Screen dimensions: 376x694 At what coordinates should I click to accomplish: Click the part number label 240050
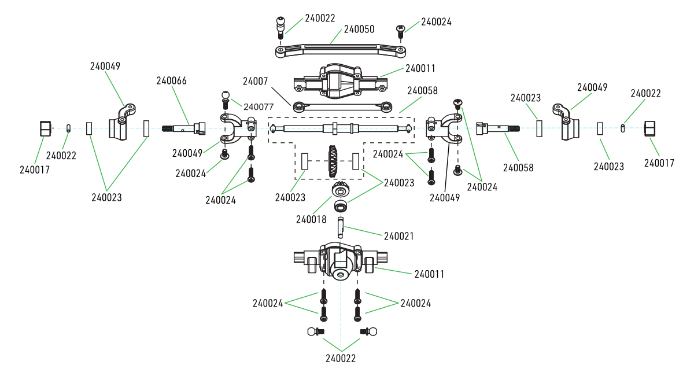[359, 28]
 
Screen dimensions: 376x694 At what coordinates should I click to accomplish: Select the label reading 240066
[171, 81]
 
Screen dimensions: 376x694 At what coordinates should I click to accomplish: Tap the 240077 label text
[259, 106]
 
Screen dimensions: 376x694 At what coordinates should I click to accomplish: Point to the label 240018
[311, 220]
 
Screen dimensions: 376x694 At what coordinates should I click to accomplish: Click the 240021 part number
[399, 236]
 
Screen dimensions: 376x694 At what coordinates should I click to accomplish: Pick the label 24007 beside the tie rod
[255, 82]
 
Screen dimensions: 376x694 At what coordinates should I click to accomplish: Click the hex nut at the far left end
[46, 128]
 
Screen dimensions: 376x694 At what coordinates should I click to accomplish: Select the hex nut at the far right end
[651, 128]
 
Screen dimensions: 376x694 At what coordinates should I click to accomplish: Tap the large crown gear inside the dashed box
[334, 160]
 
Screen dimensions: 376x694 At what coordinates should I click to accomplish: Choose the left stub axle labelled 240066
[184, 128]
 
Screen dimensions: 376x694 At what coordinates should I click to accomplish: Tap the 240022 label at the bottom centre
[341, 358]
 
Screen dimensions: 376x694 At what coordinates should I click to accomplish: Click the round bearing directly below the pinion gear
[341, 206]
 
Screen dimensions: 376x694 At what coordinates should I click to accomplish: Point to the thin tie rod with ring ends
[344, 106]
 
